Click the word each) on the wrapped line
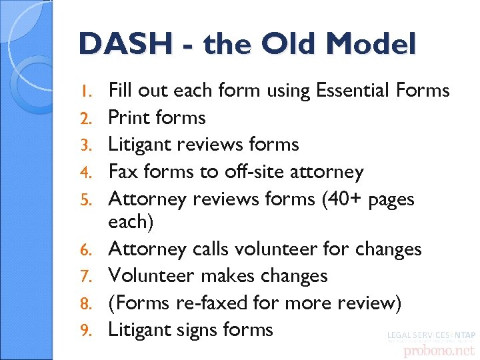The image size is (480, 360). click(131, 222)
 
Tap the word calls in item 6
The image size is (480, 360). click(215, 249)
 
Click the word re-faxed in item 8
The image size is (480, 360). click(212, 303)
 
